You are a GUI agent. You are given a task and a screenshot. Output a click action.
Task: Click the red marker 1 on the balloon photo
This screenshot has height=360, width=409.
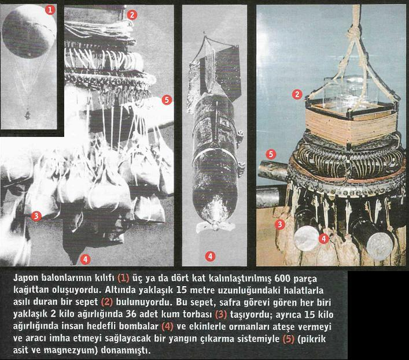(x=50, y=10)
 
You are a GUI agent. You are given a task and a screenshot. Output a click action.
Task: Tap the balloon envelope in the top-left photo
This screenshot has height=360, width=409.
(x=29, y=31)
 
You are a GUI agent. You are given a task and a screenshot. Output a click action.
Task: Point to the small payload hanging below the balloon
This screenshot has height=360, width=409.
(x=27, y=115)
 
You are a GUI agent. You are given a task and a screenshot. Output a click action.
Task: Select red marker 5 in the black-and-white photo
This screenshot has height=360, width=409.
(x=167, y=100)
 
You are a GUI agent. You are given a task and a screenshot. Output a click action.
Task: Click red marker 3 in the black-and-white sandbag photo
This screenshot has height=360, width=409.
(x=36, y=216)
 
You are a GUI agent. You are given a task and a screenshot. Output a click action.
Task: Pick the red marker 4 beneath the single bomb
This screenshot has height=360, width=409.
(x=210, y=257)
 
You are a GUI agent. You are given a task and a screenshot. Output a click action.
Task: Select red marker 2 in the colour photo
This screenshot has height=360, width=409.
(x=297, y=94)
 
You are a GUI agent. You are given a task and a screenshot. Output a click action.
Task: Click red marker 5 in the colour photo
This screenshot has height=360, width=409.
(x=271, y=154)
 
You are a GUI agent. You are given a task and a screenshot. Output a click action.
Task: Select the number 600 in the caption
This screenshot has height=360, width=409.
(x=282, y=278)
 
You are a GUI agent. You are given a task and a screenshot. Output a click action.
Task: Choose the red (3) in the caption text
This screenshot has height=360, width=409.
(x=221, y=315)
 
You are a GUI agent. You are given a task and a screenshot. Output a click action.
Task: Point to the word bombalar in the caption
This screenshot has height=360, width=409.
(x=139, y=326)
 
